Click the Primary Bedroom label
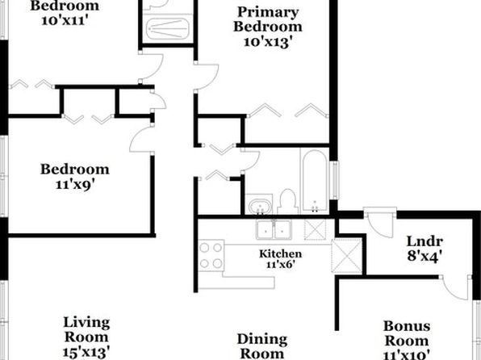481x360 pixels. tap(268, 19)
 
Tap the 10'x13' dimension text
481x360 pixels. tap(266, 42)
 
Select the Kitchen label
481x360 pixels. tap(280, 253)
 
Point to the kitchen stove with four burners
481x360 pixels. tap(211, 255)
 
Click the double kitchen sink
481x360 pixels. tap(274, 229)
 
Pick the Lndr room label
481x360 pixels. tap(425, 241)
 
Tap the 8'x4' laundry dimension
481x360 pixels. tap(425, 256)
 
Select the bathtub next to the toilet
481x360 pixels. tap(315, 181)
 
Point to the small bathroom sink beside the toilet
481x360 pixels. tap(260, 205)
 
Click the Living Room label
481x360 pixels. tap(86, 329)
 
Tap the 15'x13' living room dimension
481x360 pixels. tap(86, 352)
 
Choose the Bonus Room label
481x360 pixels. tap(407, 333)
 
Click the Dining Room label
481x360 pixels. tap(262, 346)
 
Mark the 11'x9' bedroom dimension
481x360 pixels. tap(74, 185)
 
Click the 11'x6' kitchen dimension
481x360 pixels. tap(280, 264)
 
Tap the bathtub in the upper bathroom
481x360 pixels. tap(168, 29)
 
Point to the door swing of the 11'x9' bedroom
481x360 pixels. tap(142, 140)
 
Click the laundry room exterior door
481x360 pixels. tap(380, 224)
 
